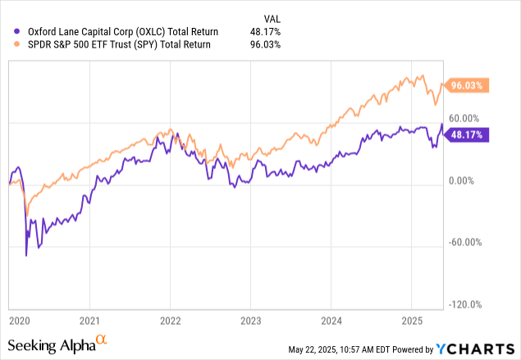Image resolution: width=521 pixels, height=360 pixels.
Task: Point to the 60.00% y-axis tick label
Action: click(x=468, y=118)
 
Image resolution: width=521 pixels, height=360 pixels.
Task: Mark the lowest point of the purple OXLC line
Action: click(x=26, y=256)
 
